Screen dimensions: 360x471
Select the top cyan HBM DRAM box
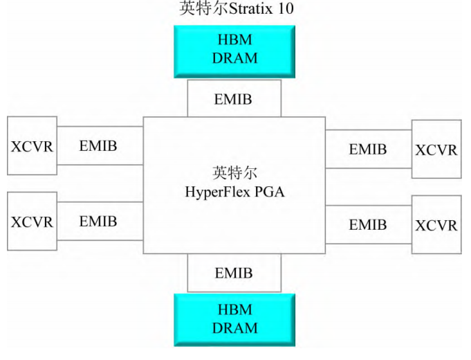[234, 51]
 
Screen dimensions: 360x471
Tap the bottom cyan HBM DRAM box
[234, 319]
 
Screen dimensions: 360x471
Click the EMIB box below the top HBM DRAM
[234, 98]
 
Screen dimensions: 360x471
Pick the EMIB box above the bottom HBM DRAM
[234, 273]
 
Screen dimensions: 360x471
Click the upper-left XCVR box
[31, 146]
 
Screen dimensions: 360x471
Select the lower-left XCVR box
[31, 222]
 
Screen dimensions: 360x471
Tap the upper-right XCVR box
[436, 150]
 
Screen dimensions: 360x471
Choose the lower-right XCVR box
[436, 225]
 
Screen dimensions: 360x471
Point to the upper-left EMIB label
[98, 146]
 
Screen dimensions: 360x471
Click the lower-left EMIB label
[98, 222]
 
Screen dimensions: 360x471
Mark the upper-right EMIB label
[368, 149]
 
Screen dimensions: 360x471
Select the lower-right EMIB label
[368, 224]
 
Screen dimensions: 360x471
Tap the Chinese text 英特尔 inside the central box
[234, 173]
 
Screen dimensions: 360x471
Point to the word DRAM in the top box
[234, 58]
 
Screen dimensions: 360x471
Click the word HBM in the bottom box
[234, 310]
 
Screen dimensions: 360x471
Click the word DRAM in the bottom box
[234, 327]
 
